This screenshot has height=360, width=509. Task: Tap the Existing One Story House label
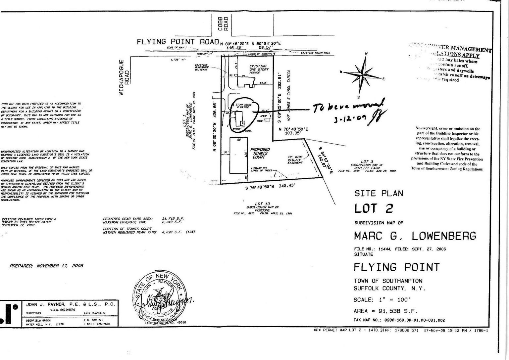click(x=259, y=69)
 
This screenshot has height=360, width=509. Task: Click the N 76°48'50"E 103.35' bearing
click(x=293, y=131)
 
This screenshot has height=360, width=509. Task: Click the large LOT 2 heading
click(x=374, y=209)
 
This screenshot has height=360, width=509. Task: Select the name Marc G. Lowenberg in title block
click(x=415, y=236)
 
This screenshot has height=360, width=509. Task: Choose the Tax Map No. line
click(x=399, y=320)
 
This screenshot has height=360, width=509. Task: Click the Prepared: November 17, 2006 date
click(x=46, y=266)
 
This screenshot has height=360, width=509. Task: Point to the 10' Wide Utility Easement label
click(x=295, y=159)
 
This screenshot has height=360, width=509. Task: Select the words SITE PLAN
click(x=379, y=193)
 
